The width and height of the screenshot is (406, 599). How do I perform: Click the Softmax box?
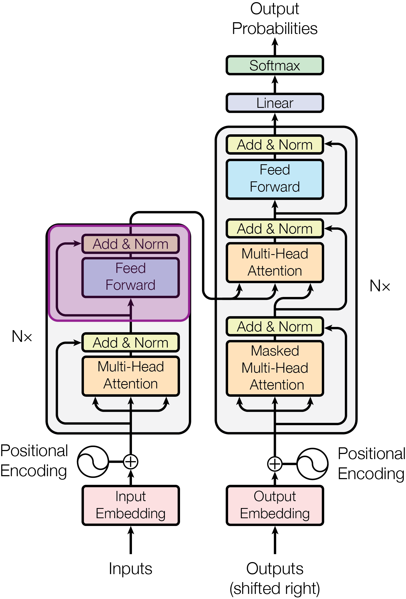point(275,65)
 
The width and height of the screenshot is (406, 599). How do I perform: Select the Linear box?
point(275,103)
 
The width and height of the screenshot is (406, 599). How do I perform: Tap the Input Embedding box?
point(131,505)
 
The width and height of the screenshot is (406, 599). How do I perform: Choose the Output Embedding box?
point(275,505)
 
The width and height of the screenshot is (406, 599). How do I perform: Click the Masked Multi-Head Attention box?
point(275,368)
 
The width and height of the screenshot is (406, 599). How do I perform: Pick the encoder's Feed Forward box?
point(131,277)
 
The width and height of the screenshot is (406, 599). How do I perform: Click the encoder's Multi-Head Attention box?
point(131,376)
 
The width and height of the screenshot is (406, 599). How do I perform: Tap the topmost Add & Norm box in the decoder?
point(275,145)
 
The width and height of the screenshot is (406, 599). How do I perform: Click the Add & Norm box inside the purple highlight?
point(131,244)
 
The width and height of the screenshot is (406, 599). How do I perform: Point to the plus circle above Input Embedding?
point(131,461)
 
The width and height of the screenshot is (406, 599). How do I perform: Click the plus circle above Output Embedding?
point(275,464)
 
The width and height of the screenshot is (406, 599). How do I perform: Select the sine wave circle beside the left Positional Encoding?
point(93,461)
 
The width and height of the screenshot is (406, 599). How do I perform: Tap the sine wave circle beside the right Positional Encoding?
point(313,464)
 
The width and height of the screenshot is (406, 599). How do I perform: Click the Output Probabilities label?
point(275,18)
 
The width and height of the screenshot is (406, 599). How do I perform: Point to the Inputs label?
point(131,569)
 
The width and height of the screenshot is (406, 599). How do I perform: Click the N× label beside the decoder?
point(380,286)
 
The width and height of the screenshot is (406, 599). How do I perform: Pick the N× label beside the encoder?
point(22,336)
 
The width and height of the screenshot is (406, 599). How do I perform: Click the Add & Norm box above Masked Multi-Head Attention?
point(275,326)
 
